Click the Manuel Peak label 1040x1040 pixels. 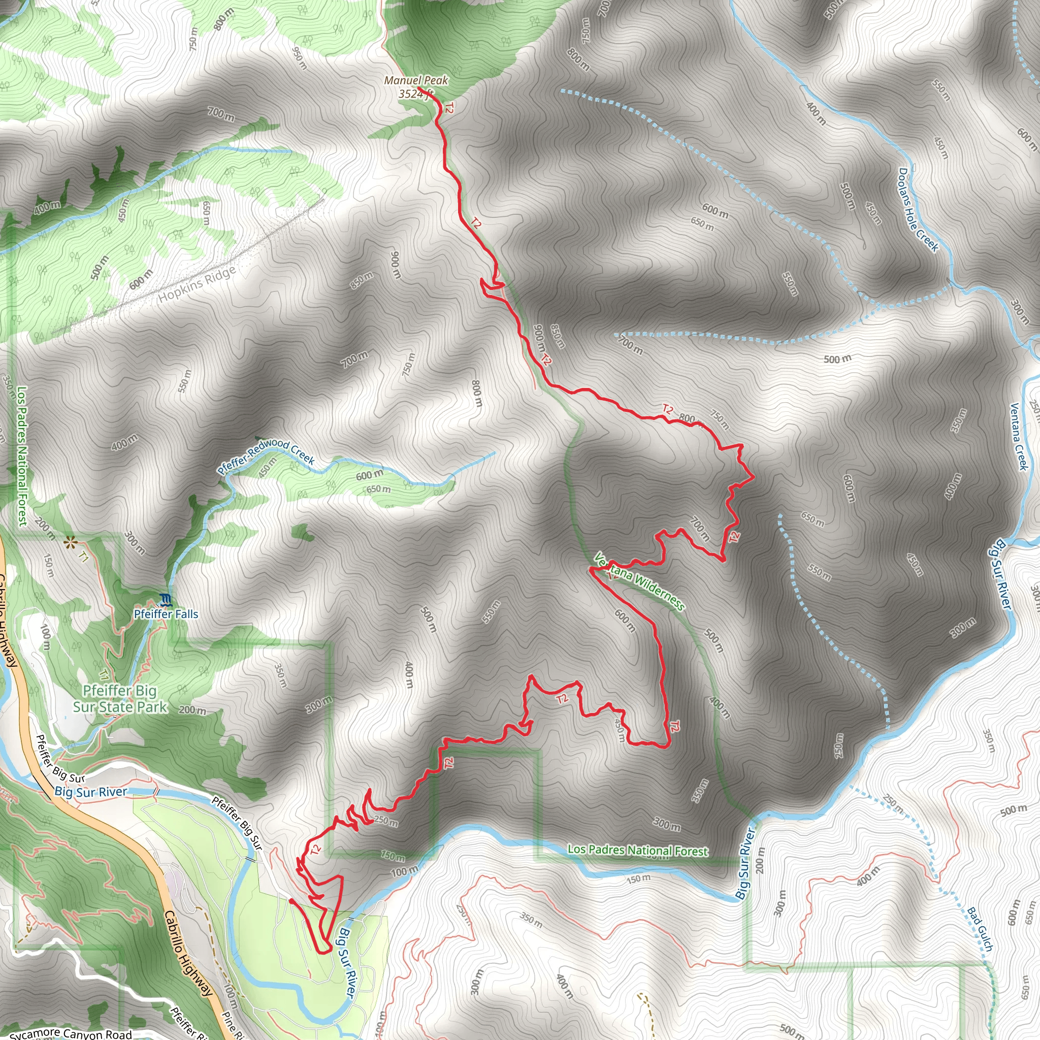(415, 80)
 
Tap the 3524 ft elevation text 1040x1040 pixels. (415, 94)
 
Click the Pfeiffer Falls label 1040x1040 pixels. (166, 614)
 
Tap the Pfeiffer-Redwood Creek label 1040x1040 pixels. (266, 456)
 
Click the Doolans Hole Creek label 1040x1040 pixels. (918, 209)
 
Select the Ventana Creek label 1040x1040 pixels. (1019, 436)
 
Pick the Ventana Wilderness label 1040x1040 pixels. (639, 581)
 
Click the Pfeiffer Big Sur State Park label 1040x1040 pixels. (120, 699)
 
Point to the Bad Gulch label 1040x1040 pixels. (979, 930)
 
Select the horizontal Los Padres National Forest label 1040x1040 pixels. (638, 850)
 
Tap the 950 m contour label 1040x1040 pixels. (299, 58)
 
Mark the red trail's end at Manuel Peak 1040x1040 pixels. (419, 87)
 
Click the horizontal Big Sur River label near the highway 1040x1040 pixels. (91, 792)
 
